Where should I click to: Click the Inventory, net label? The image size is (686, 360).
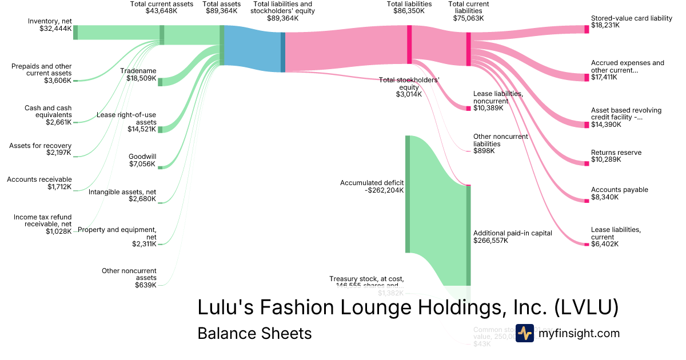(x=50, y=25)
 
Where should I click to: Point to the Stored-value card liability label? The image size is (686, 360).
(x=631, y=22)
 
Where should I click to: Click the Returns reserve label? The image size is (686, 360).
(x=616, y=156)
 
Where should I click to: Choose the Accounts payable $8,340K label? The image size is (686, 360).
(x=619, y=193)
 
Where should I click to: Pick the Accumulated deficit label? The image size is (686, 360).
(x=372, y=187)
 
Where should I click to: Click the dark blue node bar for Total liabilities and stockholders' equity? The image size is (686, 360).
(x=282, y=52)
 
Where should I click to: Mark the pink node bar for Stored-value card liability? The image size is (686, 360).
(x=586, y=29)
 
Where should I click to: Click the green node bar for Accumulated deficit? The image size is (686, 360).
(x=408, y=194)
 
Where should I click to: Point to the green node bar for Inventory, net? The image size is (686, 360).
(x=75, y=33)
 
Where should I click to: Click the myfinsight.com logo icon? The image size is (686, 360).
(x=524, y=333)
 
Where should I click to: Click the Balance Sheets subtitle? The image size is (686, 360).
(x=254, y=333)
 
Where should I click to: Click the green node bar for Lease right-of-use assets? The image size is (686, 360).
(x=160, y=130)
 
